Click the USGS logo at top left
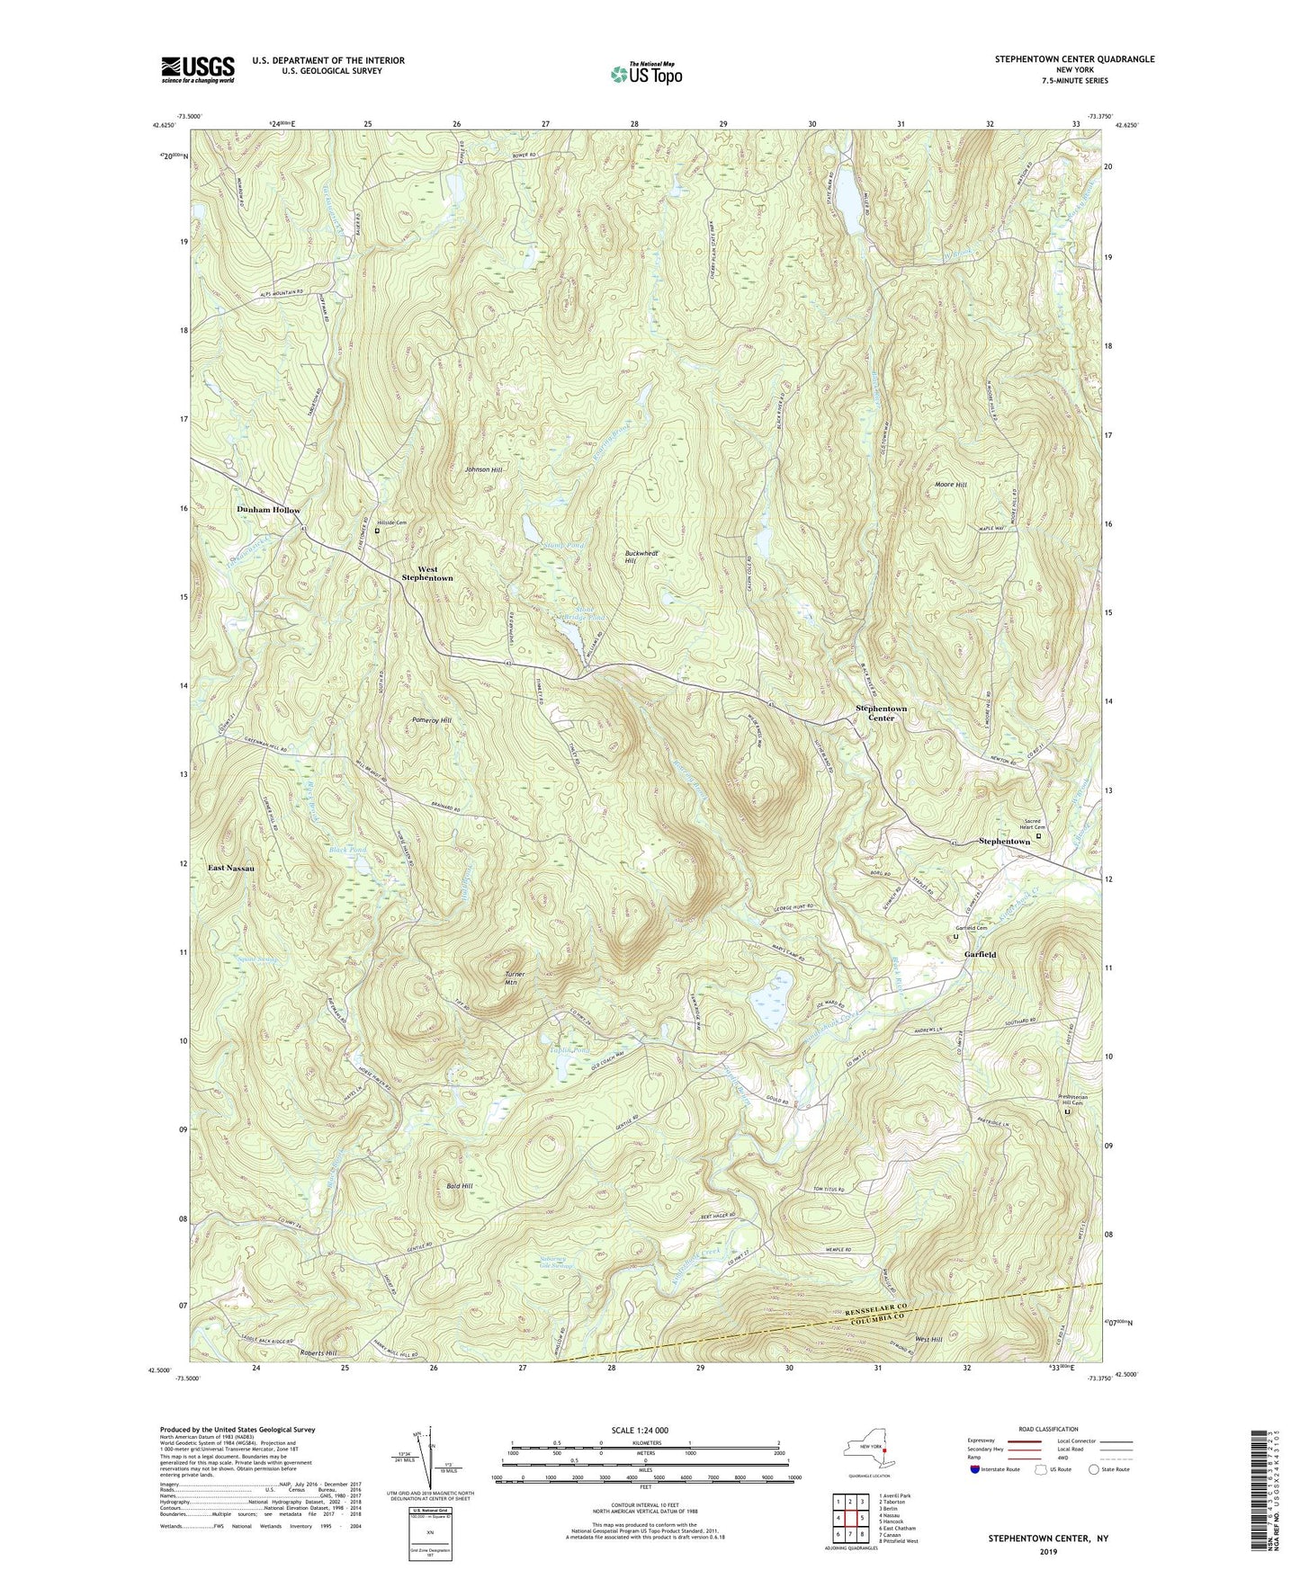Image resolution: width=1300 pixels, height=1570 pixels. (198, 69)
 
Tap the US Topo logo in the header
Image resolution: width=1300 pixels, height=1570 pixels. (645, 74)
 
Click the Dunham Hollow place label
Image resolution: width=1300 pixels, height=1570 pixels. (268, 510)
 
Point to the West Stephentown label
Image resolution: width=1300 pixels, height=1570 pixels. (427, 574)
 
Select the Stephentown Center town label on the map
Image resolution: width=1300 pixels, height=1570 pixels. (881, 713)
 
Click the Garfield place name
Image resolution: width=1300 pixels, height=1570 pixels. (980, 954)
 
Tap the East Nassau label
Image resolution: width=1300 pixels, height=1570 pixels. (231, 868)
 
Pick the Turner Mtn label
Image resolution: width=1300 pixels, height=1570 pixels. (514, 978)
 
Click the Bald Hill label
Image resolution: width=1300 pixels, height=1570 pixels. (459, 1186)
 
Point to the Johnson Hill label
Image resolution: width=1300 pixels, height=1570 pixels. (483, 469)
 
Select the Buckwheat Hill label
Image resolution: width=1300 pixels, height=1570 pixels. (637, 557)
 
